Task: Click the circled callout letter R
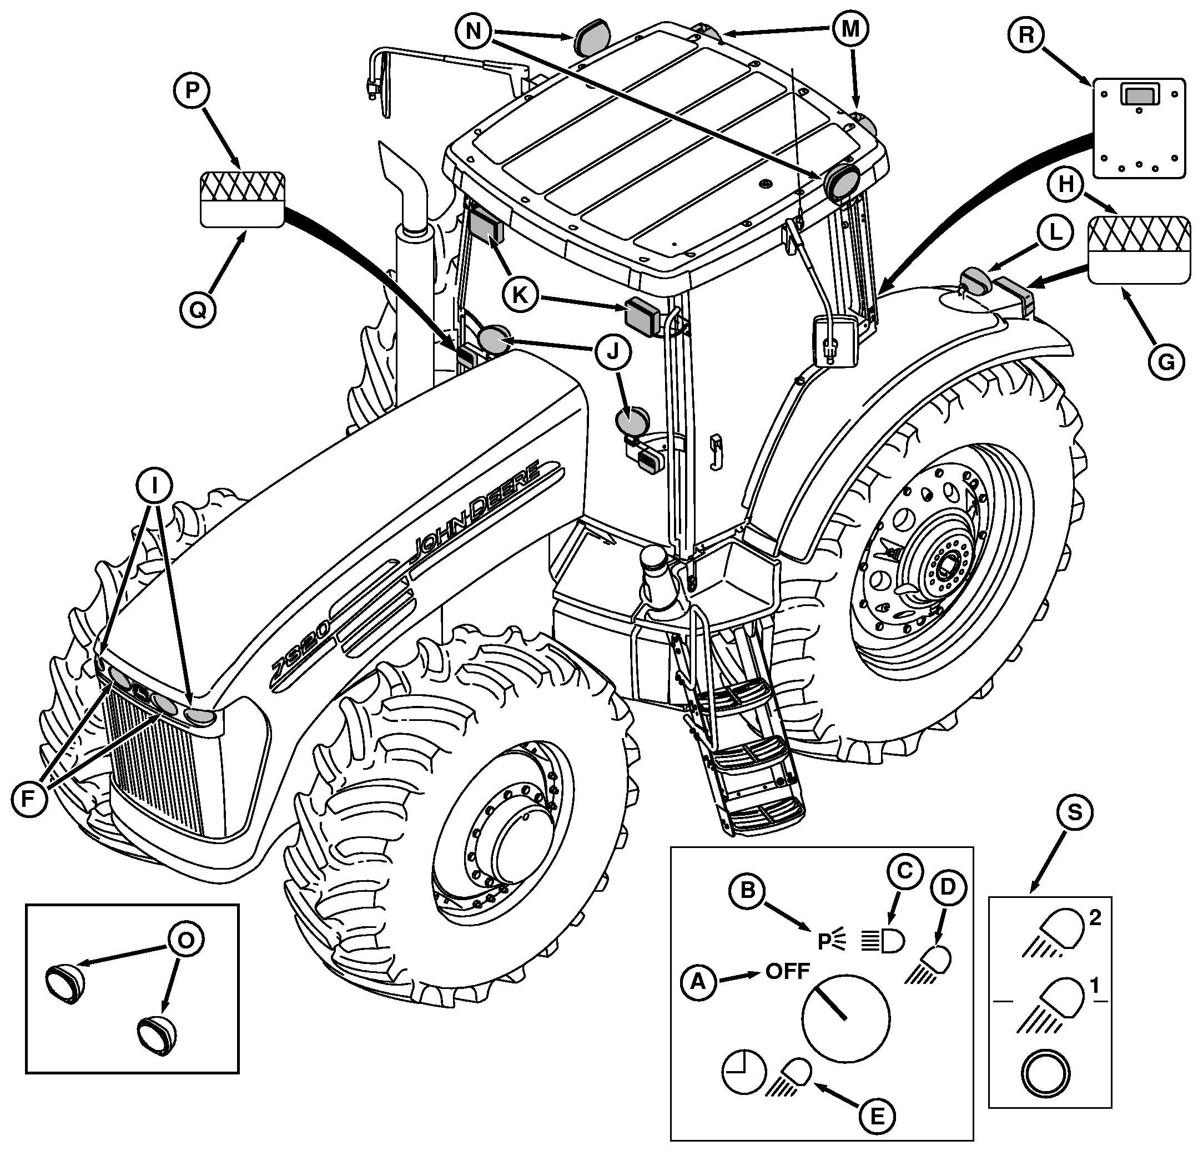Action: coord(1026,36)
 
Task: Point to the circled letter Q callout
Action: coord(198,310)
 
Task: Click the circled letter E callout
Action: coord(876,1116)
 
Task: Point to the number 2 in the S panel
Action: coord(1095,918)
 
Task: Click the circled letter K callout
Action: coord(520,295)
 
